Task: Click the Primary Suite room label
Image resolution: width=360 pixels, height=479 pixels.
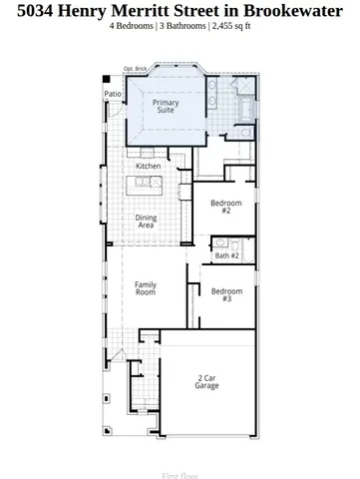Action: point(167,107)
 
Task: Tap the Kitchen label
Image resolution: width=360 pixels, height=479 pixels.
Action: point(149,166)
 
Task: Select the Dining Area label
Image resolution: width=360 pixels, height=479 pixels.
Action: point(146,222)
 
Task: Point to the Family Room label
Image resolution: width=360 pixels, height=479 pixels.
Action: point(146,288)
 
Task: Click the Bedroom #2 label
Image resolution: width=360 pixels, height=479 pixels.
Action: point(226,207)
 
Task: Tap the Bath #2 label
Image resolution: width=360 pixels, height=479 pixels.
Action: point(226,256)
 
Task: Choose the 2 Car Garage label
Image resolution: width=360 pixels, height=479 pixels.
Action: point(207,383)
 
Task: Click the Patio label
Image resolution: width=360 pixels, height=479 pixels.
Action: point(113,95)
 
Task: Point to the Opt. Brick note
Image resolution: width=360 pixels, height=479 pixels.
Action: point(136,69)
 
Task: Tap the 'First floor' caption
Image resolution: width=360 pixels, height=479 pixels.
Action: point(180,476)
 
